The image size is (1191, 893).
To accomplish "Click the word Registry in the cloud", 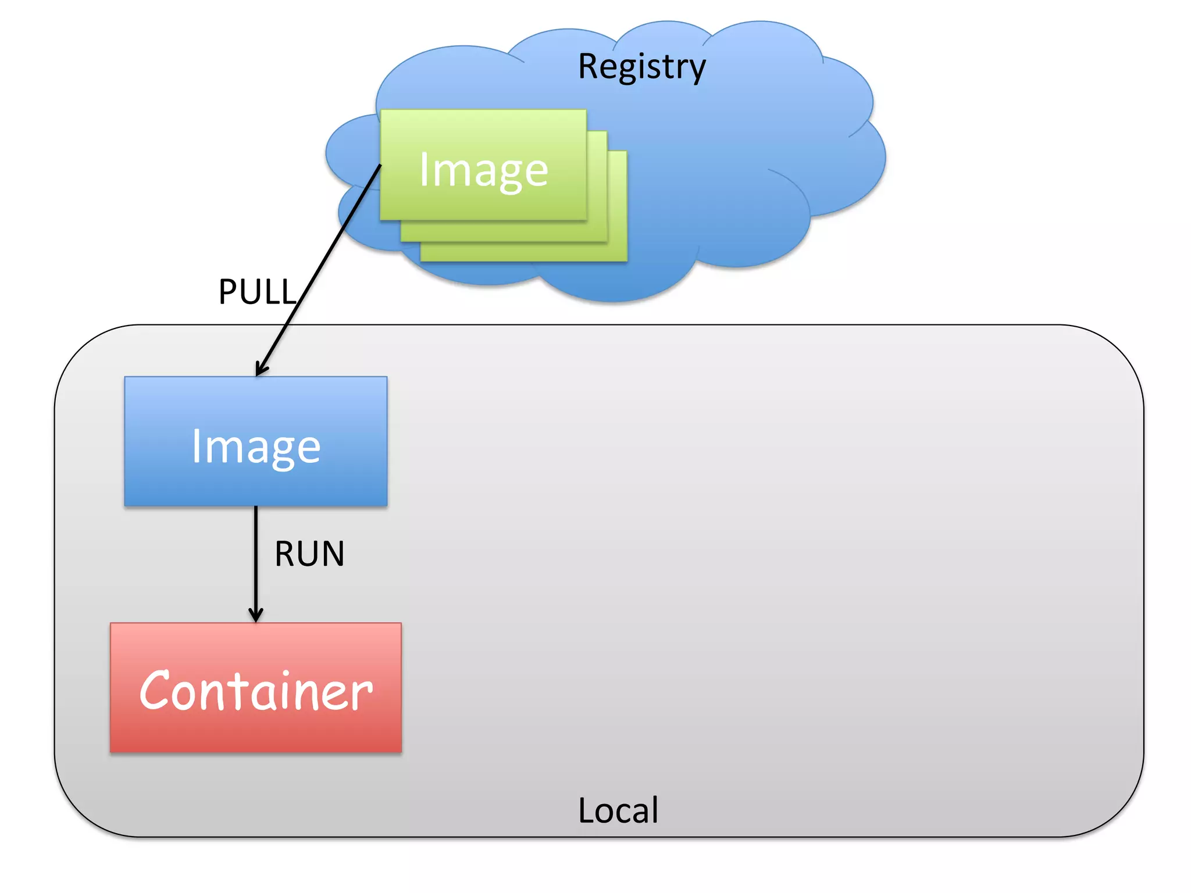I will [641, 67].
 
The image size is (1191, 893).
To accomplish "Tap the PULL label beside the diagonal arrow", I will [258, 292].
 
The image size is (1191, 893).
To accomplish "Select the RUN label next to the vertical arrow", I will [309, 553].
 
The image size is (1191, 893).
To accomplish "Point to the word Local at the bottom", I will [618, 810].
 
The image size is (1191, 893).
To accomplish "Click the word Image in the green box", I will [483, 170].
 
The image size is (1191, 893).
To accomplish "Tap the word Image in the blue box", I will [256, 446].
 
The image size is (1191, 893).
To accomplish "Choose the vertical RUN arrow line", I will [256, 558].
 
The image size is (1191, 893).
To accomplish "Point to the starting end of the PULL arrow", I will [380, 166].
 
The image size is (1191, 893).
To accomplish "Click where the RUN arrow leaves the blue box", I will [256, 508].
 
